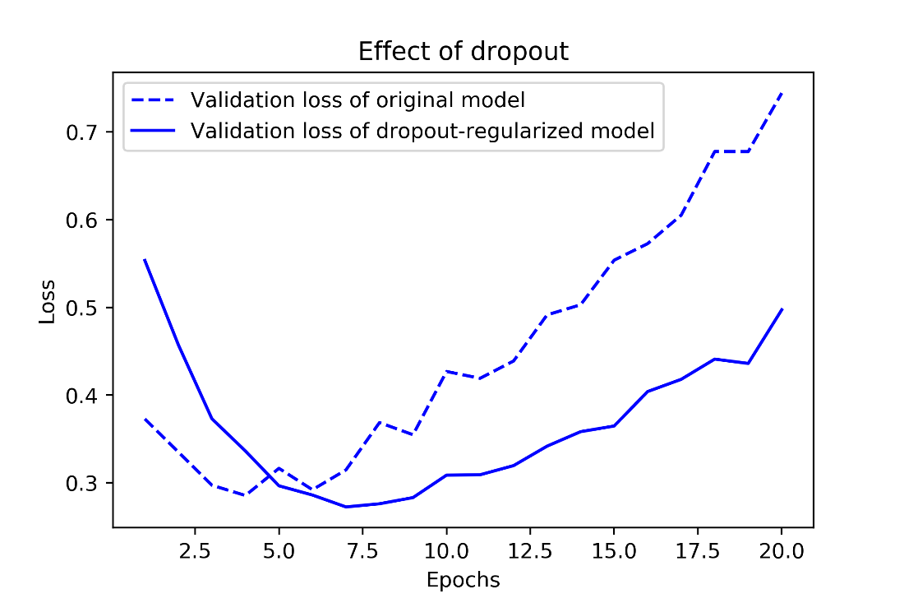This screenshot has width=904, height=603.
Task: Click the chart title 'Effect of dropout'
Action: coord(463,52)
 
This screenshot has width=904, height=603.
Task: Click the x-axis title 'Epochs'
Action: coord(463,580)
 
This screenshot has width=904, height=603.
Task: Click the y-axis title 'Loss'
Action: coord(48,302)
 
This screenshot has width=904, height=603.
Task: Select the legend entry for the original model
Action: coord(357,100)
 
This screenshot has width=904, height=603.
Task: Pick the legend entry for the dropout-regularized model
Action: coord(422,132)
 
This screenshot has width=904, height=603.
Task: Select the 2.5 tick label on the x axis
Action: coord(196,550)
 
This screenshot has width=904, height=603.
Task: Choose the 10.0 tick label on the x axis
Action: coord(445,550)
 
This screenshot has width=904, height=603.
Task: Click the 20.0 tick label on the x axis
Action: coord(781,550)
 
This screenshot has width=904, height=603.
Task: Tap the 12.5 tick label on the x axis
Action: coord(530,550)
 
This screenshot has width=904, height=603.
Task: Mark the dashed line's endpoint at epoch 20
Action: coord(782,93)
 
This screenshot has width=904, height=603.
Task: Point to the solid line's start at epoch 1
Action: coord(145,260)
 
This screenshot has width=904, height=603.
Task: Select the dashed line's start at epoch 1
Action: coord(145,419)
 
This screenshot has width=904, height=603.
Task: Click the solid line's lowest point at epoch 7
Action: coord(346,507)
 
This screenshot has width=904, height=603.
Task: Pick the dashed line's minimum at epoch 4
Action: coord(245,495)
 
